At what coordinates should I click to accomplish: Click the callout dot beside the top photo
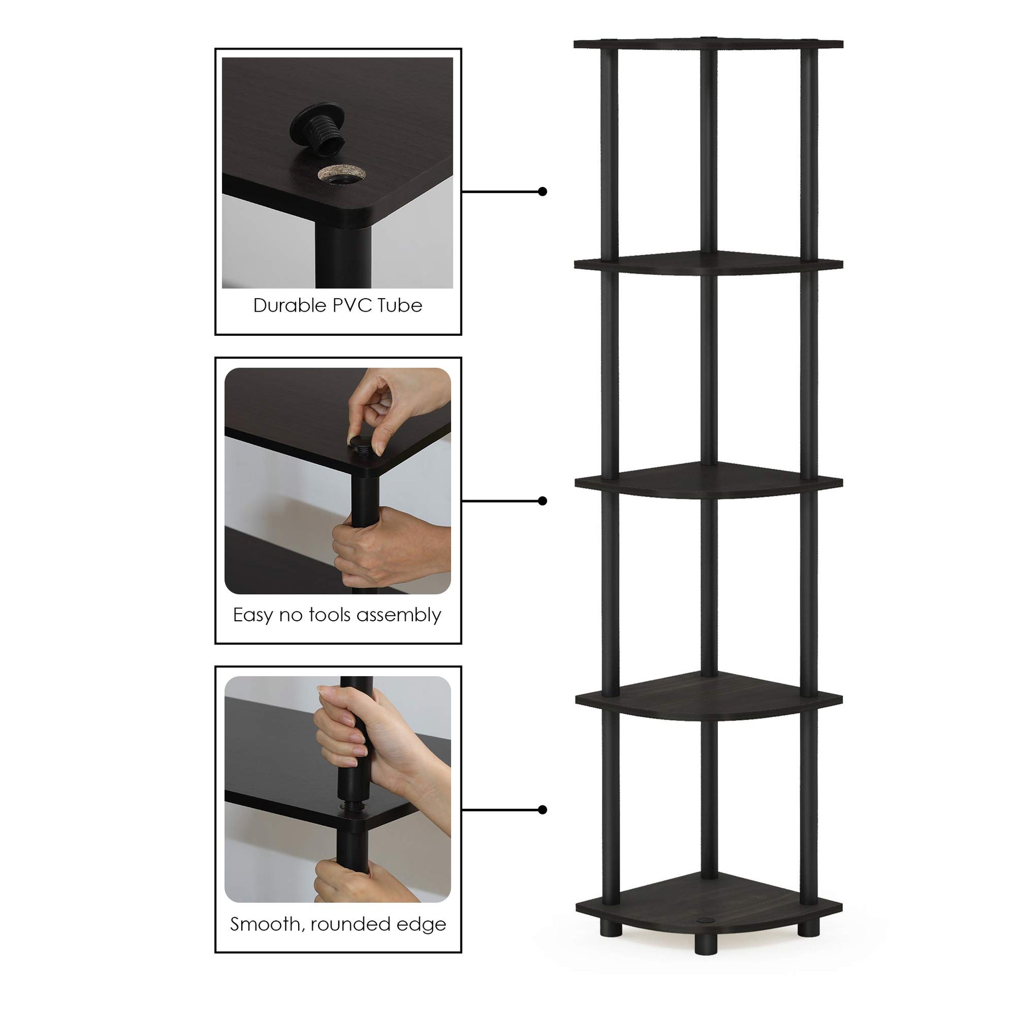click(542, 192)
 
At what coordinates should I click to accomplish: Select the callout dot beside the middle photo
click(542, 501)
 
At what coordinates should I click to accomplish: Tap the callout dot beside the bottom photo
click(542, 810)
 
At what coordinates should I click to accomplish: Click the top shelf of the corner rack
click(708, 43)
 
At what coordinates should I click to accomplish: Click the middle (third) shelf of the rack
click(708, 480)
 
